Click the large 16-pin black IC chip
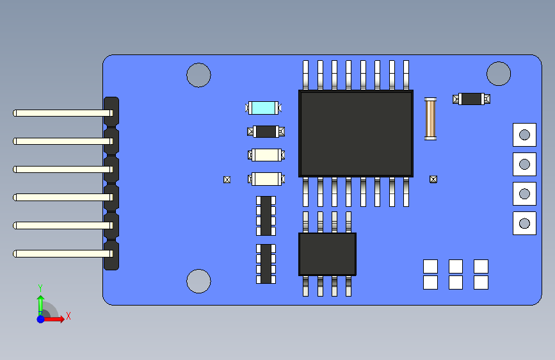(356, 133)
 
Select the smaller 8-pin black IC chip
(327, 254)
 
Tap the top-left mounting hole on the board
(198, 75)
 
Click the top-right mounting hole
(498, 74)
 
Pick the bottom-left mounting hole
(198, 281)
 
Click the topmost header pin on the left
(58, 113)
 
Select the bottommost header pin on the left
(58, 254)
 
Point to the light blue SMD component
(264, 108)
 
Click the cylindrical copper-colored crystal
(431, 119)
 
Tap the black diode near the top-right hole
(471, 99)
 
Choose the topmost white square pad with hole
(524, 135)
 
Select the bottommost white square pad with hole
(524, 223)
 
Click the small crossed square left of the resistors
(227, 179)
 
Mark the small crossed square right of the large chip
(433, 179)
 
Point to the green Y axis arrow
(40, 302)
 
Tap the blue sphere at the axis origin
(40, 318)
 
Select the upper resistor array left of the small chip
(266, 216)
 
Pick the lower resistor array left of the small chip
(266, 263)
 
